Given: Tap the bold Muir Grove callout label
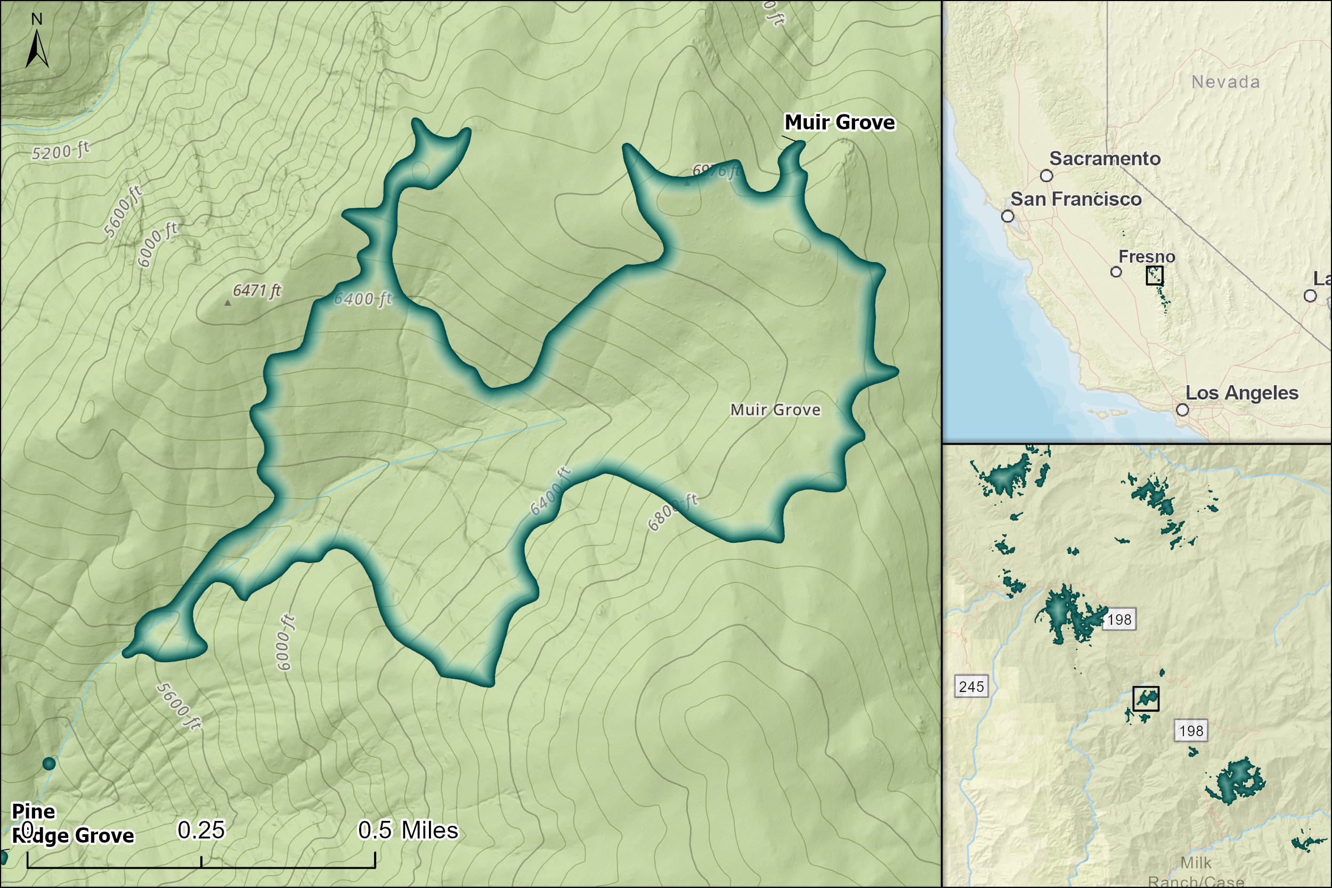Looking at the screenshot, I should (839, 123).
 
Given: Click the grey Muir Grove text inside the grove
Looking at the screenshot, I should (775, 410).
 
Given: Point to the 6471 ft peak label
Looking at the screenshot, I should (257, 290).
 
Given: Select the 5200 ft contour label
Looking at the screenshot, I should (60, 151).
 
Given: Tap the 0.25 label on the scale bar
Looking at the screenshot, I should (201, 830).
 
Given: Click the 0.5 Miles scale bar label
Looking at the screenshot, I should (408, 830).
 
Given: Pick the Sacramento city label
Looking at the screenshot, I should (1104, 159).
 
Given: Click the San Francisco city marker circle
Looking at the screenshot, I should (1008, 216).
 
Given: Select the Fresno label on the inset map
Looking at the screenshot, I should (1147, 257).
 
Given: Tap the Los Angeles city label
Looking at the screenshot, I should (1241, 393).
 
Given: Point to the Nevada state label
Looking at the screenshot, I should (1225, 82).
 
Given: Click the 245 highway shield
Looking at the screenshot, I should (971, 687).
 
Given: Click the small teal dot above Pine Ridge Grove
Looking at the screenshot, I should (49, 763).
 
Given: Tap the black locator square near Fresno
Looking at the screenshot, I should (1154, 276).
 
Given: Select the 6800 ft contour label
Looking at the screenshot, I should (673, 512).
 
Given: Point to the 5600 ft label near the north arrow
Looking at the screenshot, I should (123, 210).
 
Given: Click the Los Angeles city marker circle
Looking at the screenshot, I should (1182, 410).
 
